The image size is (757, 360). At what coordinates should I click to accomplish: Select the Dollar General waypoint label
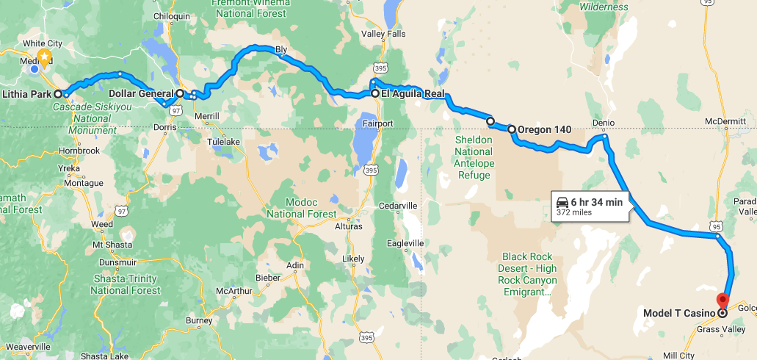(x=141, y=93)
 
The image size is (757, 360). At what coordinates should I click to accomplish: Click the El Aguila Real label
(x=413, y=93)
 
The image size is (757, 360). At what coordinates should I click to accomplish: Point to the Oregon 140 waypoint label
(x=544, y=130)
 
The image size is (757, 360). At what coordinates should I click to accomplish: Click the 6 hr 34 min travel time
(x=596, y=202)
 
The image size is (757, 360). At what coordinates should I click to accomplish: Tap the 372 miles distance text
(x=574, y=212)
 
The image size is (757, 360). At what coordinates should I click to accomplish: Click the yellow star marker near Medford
(x=44, y=57)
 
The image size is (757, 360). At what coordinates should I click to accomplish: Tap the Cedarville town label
(x=397, y=205)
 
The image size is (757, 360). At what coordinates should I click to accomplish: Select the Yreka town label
(x=70, y=168)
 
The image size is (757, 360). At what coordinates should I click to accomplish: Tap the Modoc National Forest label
(x=301, y=209)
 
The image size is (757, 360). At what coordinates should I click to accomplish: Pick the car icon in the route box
(x=562, y=202)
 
